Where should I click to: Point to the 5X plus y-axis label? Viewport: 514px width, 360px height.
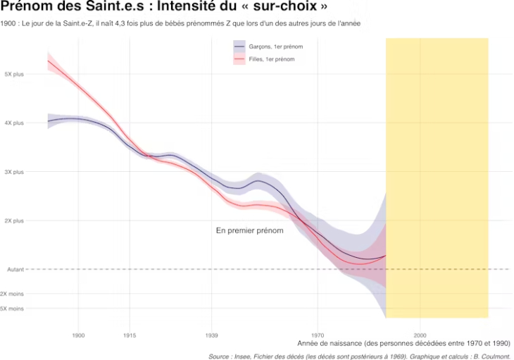coord(14,74)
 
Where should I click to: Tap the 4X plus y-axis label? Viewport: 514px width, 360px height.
coord(14,123)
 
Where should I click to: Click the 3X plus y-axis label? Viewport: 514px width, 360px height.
coord(14,172)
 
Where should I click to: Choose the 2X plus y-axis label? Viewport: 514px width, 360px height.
coord(14,221)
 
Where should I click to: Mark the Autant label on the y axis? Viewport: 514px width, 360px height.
coord(15,269)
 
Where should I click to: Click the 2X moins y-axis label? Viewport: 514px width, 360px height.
coord(13,294)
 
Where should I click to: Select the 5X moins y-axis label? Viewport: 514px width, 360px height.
coord(13,309)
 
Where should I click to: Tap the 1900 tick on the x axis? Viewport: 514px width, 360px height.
coord(77,335)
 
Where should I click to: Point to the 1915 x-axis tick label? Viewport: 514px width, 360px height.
coord(129,335)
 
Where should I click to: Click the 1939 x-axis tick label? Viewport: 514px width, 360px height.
coord(212,335)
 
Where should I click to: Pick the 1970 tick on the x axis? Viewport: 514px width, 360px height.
coord(318,335)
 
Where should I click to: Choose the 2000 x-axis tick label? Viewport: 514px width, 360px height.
coord(420,335)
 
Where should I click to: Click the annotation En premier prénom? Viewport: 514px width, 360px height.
coord(249,230)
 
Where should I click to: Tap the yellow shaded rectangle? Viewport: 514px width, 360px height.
coord(437,176)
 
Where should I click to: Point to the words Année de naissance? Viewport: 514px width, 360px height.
coord(329,344)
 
